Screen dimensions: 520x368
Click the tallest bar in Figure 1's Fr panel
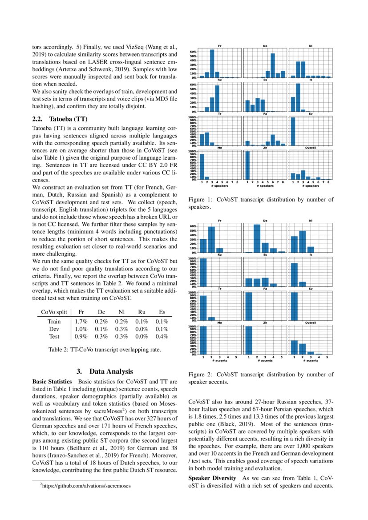212,64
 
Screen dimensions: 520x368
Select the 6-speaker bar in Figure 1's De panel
273,66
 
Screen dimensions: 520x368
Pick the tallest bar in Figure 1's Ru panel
217,98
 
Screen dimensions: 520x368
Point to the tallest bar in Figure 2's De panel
257,238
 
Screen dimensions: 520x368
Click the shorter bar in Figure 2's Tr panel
211,318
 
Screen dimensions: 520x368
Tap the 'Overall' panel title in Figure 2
310,323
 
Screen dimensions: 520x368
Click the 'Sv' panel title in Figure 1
310,114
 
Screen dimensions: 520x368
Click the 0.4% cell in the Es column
162,336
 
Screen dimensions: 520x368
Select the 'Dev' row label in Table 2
54,329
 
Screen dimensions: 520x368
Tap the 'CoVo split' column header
54,312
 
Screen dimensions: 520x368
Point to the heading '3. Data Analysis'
104,371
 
